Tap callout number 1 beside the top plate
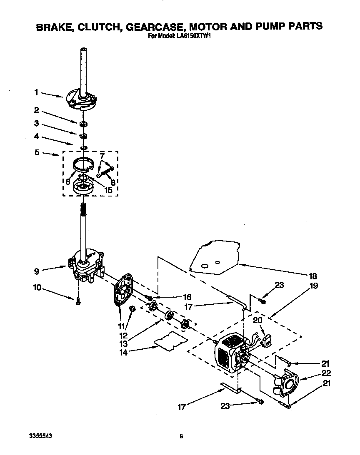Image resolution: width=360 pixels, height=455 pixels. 36,92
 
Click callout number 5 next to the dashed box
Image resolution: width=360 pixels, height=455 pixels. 37,153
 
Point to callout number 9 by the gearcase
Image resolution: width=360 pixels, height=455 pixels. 37,271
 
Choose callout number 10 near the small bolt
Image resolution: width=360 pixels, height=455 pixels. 37,288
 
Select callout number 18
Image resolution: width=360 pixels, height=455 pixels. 312,276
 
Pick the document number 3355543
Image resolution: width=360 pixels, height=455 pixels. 41,436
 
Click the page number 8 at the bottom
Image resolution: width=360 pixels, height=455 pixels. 181,436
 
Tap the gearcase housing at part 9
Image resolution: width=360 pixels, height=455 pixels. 86,267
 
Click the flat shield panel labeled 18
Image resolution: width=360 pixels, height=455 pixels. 212,257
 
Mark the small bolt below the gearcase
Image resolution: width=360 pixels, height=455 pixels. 78,302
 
